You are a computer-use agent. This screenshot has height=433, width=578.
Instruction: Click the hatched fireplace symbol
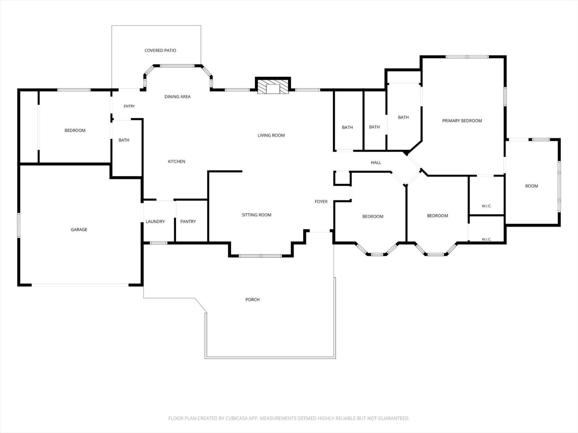[x=273, y=87]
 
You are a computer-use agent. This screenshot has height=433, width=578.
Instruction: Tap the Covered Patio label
[x=160, y=50]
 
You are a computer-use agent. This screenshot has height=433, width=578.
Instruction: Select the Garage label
[x=79, y=229]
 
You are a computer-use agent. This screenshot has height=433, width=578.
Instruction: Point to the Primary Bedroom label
[x=462, y=121]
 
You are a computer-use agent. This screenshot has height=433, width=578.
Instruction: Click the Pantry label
[x=188, y=221]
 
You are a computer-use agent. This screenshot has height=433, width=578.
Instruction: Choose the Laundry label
[x=155, y=221]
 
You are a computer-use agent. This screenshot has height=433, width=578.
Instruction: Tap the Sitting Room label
[x=257, y=215]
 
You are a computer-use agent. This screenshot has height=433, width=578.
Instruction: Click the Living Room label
[x=271, y=135]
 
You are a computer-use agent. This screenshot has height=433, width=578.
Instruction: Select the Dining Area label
[x=178, y=97]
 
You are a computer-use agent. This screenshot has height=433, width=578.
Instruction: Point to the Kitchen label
[x=176, y=161]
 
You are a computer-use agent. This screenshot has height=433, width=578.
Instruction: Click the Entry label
[x=129, y=106]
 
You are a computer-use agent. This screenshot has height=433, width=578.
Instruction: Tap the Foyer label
[x=321, y=202]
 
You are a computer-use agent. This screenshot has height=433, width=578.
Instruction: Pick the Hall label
[x=376, y=162]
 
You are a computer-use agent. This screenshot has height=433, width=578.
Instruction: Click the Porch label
[x=252, y=299]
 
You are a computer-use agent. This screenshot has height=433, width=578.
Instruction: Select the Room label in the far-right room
[x=531, y=186]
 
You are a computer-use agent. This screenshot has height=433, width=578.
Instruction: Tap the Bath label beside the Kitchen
[x=124, y=140]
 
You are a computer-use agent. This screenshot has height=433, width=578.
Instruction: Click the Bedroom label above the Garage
[x=75, y=130]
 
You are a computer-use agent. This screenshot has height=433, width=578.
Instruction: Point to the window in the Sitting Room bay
[x=260, y=256]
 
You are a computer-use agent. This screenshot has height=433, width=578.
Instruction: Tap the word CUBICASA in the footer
[x=237, y=418]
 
